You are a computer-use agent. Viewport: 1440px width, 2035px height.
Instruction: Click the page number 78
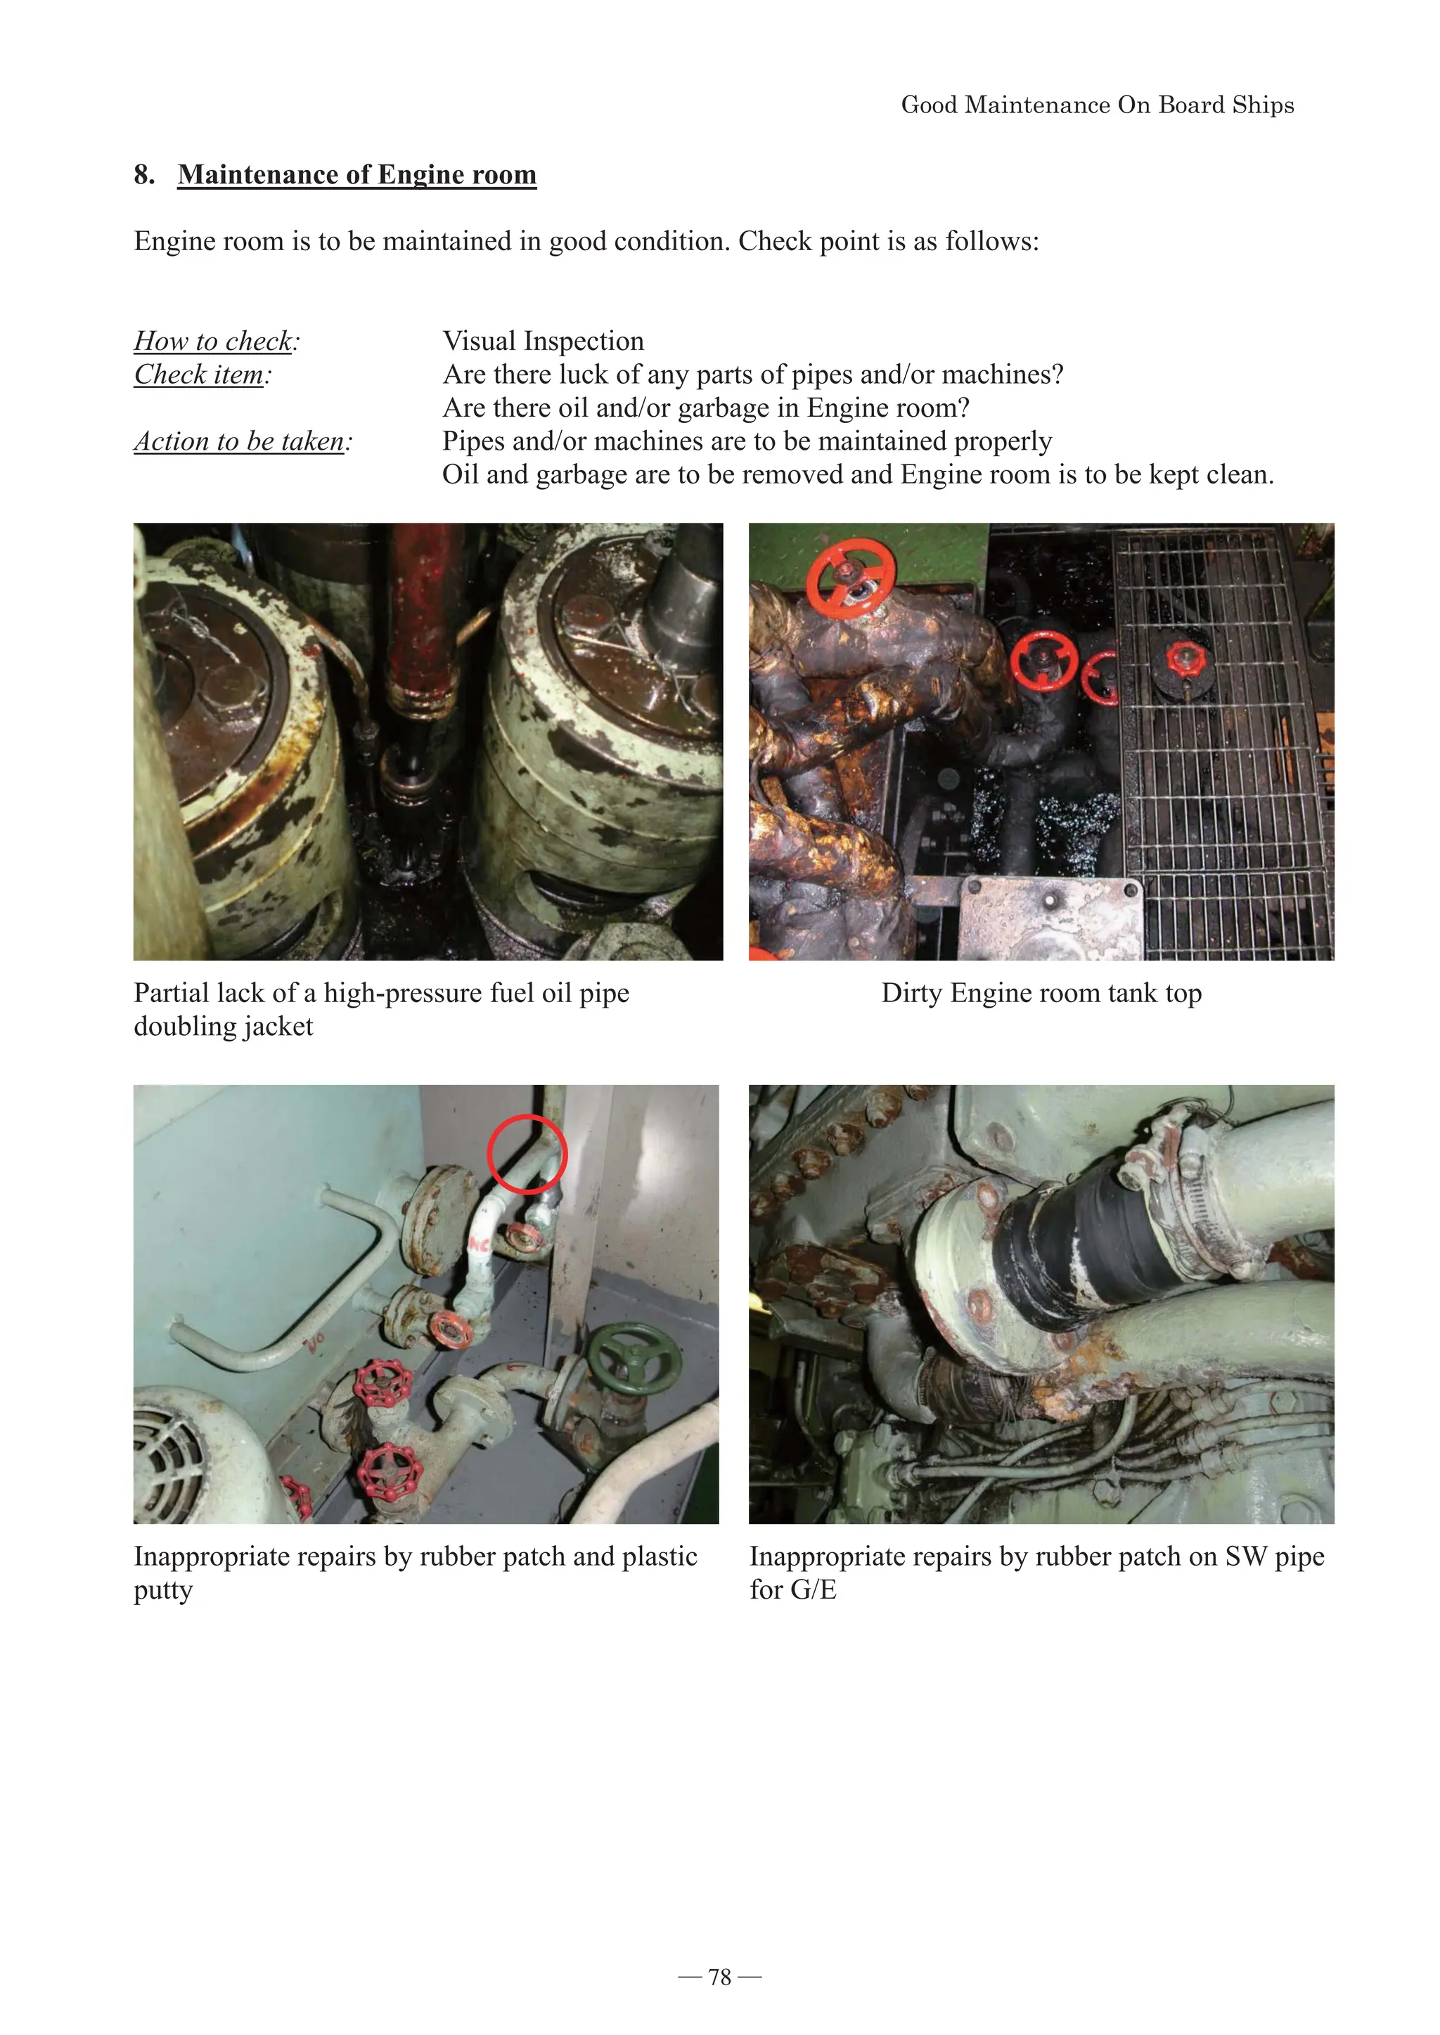(x=719, y=1977)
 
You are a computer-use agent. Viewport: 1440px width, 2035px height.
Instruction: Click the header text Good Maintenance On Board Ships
(x=1097, y=105)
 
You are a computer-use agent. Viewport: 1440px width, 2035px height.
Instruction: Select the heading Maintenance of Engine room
(x=356, y=174)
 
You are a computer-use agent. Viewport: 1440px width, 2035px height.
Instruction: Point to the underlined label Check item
(x=198, y=375)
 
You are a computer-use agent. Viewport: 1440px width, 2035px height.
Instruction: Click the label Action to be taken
(x=238, y=441)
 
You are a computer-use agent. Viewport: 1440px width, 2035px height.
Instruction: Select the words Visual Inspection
(x=543, y=342)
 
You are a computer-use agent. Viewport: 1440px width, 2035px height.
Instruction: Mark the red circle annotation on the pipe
(x=527, y=1153)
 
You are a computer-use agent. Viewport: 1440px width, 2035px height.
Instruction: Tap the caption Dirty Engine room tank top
(x=1041, y=994)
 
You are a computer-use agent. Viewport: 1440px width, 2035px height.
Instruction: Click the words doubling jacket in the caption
(x=224, y=1027)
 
